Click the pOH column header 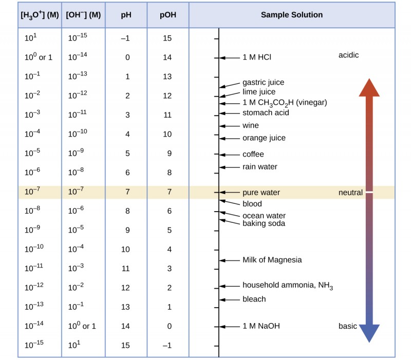coord(167,15)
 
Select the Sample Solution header coord(291,15)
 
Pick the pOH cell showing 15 coord(167,37)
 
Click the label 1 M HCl coord(256,57)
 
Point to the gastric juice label coord(263,82)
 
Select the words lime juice coord(259,92)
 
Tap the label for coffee coord(253,154)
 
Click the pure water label coord(261,193)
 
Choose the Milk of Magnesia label coord(272,260)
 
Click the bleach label coord(254,299)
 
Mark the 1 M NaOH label coord(260,326)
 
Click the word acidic coord(348,55)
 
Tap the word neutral coord(350,193)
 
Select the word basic coord(347,326)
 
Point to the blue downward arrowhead coord(369,333)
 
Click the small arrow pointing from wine coord(224,126)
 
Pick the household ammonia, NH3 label coord(287,286)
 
